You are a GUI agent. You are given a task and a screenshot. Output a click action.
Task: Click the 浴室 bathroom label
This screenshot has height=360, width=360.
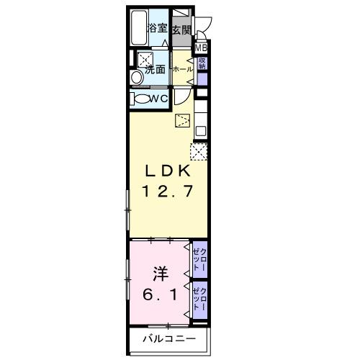[158, 30]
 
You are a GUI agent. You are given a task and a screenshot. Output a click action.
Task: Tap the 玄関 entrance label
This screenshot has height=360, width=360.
[181, 30]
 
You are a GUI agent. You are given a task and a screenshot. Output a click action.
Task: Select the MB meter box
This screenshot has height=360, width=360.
[202, 48]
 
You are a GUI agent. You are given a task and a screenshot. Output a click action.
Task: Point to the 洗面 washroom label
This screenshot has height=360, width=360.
[156, 70]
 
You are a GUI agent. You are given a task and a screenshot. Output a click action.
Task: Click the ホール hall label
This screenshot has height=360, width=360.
[181, 69]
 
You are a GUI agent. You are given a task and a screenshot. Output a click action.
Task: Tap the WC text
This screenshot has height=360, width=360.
[160, 99]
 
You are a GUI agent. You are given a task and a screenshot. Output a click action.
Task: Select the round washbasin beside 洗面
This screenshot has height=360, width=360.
[135, 77]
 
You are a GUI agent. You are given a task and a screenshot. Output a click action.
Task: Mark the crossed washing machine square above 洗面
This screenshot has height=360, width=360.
[146, 58]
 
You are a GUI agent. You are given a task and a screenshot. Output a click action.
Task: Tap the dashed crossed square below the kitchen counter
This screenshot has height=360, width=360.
[198, 151]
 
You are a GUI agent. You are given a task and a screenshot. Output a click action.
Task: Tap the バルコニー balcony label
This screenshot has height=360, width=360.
[168, 338]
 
